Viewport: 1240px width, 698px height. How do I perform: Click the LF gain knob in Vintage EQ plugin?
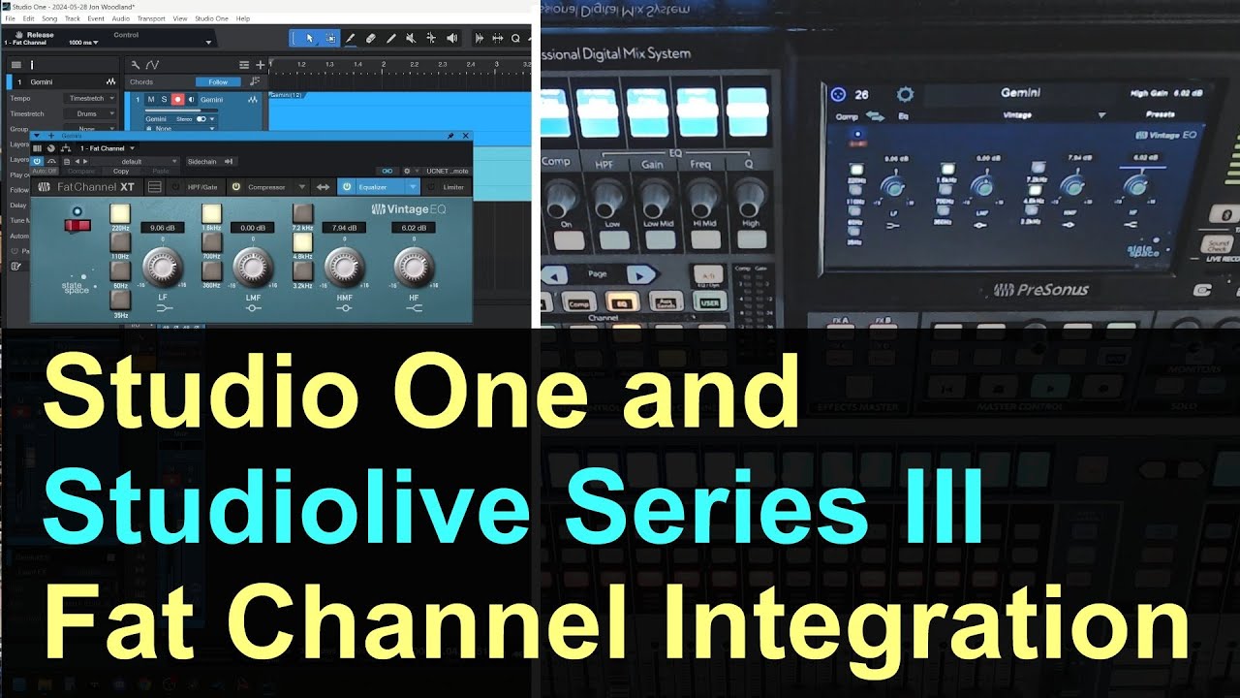163,264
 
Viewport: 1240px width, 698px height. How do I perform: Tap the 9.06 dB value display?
156,228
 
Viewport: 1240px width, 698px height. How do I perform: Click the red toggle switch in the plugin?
77,226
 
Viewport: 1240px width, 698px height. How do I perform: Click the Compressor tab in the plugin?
266,187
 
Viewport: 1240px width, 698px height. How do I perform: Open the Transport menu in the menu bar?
151,18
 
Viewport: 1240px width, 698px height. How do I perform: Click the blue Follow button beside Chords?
218,82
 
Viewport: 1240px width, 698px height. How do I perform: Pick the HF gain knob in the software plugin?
414,264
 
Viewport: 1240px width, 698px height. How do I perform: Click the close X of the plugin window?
466,136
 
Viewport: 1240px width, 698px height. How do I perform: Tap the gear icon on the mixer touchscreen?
905,94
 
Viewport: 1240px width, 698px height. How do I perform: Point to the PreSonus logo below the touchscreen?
1040,289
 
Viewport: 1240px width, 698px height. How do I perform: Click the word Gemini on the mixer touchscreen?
1020,93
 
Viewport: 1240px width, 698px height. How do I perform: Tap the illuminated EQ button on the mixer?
624,302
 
